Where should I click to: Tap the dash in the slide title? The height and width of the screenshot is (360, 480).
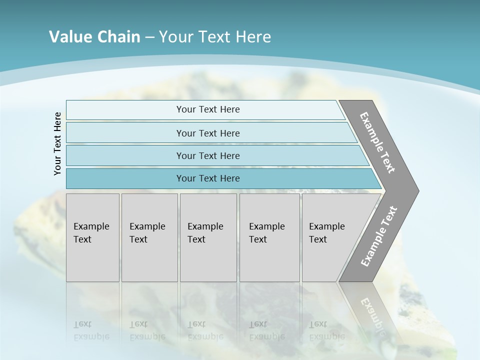[149, 37]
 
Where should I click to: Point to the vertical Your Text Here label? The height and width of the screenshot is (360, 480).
[57, 143]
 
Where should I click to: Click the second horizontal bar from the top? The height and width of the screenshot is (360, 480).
[208, 133]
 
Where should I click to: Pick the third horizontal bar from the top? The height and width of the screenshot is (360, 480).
[208, 155]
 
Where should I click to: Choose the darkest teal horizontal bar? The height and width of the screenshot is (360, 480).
[208, 178]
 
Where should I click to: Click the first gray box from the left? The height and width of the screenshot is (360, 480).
[92, 237]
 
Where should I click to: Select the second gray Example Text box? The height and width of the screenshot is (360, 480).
[149, 237]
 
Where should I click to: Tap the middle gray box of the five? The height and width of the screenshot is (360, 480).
[208, 237]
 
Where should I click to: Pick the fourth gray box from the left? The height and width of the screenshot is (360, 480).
[269, 237]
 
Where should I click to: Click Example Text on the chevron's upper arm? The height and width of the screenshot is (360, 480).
[378, 142]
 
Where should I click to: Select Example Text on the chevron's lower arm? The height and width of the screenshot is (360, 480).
[379, 236]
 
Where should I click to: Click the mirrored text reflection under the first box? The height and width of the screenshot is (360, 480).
[91, 330]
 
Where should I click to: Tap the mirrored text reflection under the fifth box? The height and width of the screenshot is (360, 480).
[326, 330]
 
